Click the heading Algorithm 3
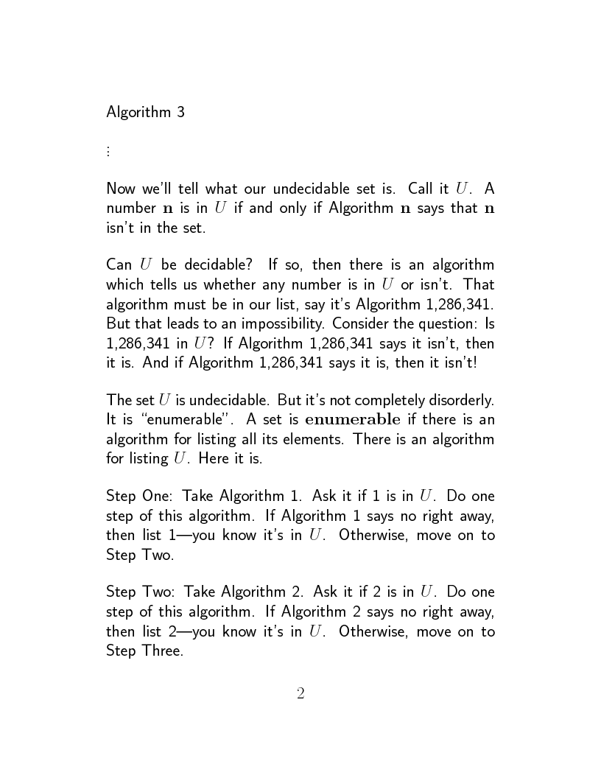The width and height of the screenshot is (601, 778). (145, 112)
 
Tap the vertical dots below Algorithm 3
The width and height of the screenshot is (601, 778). (108, 151)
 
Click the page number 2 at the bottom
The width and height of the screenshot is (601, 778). (300, 693)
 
